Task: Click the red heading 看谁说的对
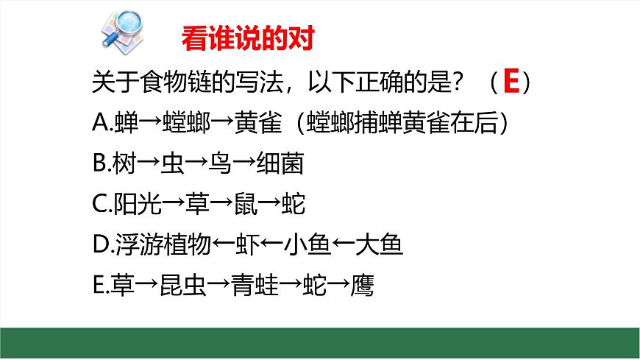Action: coord(247,39)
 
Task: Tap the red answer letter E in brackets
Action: coord(511,82)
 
